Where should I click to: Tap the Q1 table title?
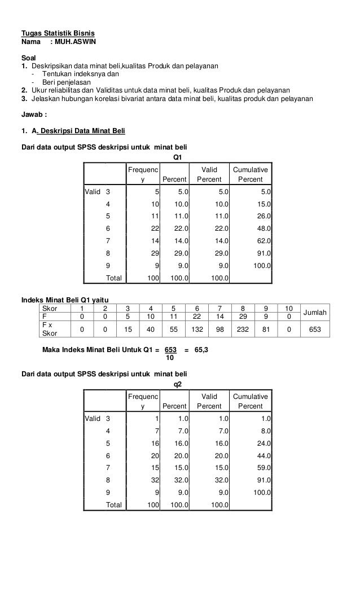click(177, 157)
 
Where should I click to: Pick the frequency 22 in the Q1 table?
click(153, 229)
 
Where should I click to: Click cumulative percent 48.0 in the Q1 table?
click(263, 229)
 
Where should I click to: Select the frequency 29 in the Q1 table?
click(153, 253)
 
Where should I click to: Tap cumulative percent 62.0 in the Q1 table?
click(263, 241)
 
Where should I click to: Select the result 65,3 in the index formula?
click(201, 350)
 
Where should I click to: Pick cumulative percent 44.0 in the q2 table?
click(263, 455)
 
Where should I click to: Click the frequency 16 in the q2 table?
click(153, 442)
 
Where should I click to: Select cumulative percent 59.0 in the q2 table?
click(263, 467)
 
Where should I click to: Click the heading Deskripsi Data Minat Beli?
click(81, 131)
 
